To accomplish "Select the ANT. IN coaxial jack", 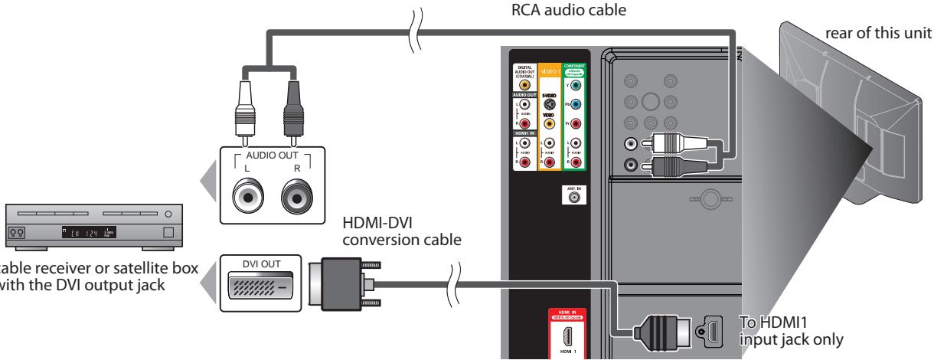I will click(574, 196).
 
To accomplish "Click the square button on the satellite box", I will click(169, 231).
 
